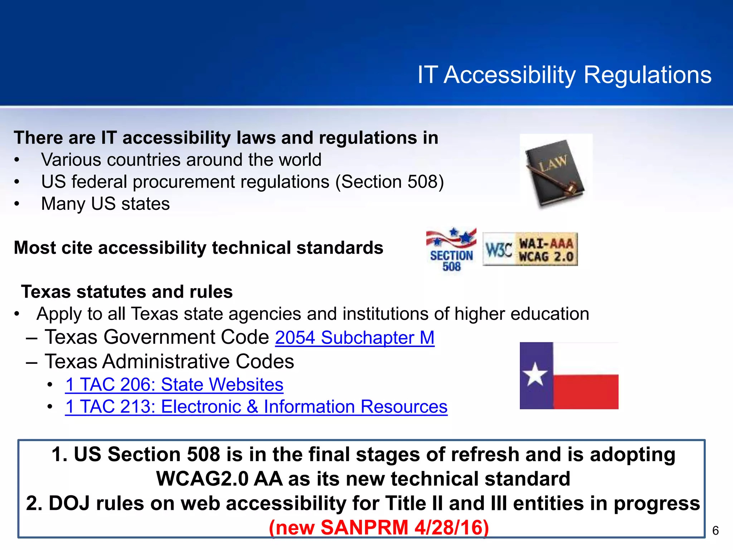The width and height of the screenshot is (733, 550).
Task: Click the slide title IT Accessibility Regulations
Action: point(564,75)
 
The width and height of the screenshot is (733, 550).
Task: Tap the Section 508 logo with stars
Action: point(451,250)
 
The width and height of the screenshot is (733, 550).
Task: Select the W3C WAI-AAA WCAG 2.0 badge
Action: point(530,250)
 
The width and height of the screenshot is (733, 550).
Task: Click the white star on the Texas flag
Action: point(535,375)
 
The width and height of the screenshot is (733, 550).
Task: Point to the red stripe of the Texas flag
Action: point(586,391)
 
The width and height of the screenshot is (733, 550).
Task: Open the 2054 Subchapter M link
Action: point(355,338)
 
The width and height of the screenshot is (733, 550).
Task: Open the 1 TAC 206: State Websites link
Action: point(174,385)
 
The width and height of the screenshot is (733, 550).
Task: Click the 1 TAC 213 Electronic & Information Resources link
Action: point(256,407)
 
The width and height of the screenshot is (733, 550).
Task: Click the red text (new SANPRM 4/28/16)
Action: point(379,527)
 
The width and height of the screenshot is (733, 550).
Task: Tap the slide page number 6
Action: point(715,531)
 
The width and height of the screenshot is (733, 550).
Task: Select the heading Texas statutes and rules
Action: point(127,292)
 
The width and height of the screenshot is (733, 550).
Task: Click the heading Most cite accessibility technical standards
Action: point(199,248)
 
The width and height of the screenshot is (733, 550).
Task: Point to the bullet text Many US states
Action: point(106,204)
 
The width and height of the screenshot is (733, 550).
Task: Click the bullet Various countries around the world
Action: point(181,160)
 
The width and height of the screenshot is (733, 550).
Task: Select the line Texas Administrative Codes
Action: point(169,361)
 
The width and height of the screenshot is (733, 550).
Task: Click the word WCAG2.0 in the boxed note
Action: point(202,479)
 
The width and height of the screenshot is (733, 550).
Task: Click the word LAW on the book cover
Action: point(553,163)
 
